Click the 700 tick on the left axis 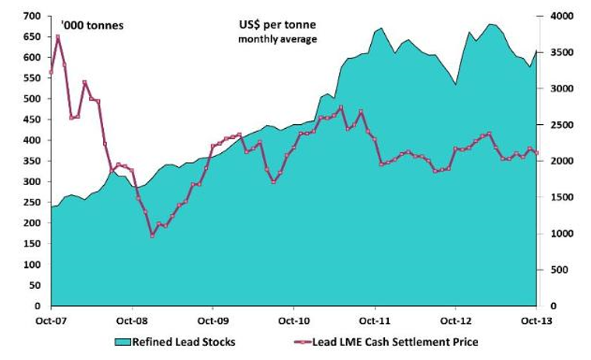[32, 16]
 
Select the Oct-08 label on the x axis [131, 319]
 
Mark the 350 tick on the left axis [32, 161]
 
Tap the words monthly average [277, 39]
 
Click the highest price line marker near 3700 [58, 37]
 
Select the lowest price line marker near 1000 [153, 235]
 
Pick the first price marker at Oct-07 [51, 72]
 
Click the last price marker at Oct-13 [536, 153]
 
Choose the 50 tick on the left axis [34, 286]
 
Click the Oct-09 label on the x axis [212, 319]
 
